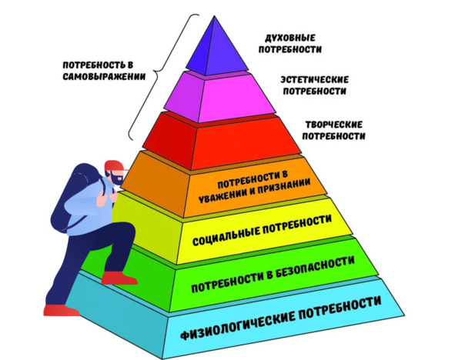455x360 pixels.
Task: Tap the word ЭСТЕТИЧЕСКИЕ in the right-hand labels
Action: pos(315,80)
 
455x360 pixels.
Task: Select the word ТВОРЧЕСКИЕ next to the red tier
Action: pos(333,125)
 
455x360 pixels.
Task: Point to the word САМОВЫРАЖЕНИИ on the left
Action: pos(104,76)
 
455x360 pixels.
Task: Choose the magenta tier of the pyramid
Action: pos(219,96)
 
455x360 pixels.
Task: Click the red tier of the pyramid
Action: pos(222,140)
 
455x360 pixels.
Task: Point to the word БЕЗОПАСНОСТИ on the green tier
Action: pos(315,267)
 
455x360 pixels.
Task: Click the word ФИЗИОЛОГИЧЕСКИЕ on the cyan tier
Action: pos(237,325)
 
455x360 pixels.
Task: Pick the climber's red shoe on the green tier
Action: pos(119,278)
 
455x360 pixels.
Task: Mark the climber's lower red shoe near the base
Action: pos(61,310)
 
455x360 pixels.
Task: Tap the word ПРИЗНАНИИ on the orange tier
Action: pos(289,187)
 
